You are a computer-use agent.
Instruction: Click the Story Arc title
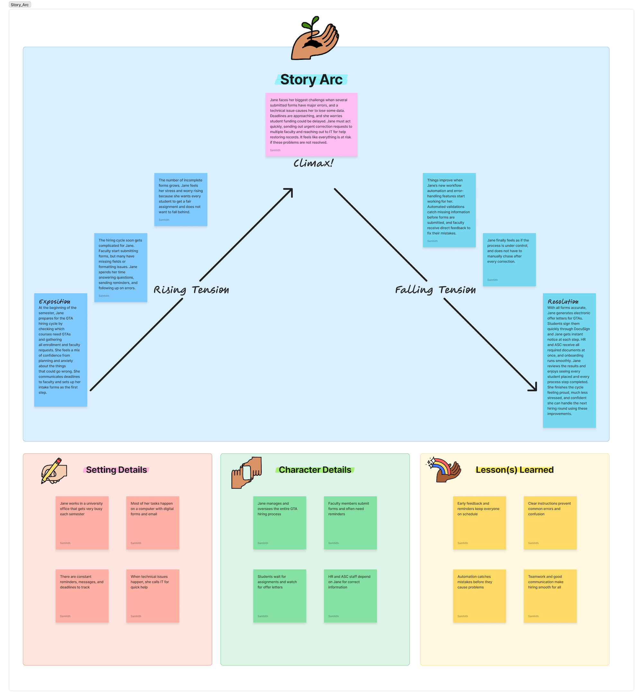tap(312, 80)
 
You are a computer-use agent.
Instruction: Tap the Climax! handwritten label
tap(313, 163)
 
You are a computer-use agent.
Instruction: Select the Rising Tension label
tap(191, 290)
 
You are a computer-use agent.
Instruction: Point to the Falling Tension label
tap(435, 290)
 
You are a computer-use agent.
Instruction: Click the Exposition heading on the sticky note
tap(55, 302)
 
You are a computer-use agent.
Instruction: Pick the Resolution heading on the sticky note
tap(563, 302)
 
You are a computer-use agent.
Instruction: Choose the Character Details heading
tap(315, 470)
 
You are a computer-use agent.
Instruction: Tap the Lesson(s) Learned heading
tap(515, 470)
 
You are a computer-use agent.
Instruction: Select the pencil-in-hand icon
tap(54, 471)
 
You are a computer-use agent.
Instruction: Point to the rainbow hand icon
tap(444, 470)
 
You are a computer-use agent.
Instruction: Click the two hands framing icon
tap(246, 473)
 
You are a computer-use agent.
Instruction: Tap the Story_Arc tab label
tap(20, 5)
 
